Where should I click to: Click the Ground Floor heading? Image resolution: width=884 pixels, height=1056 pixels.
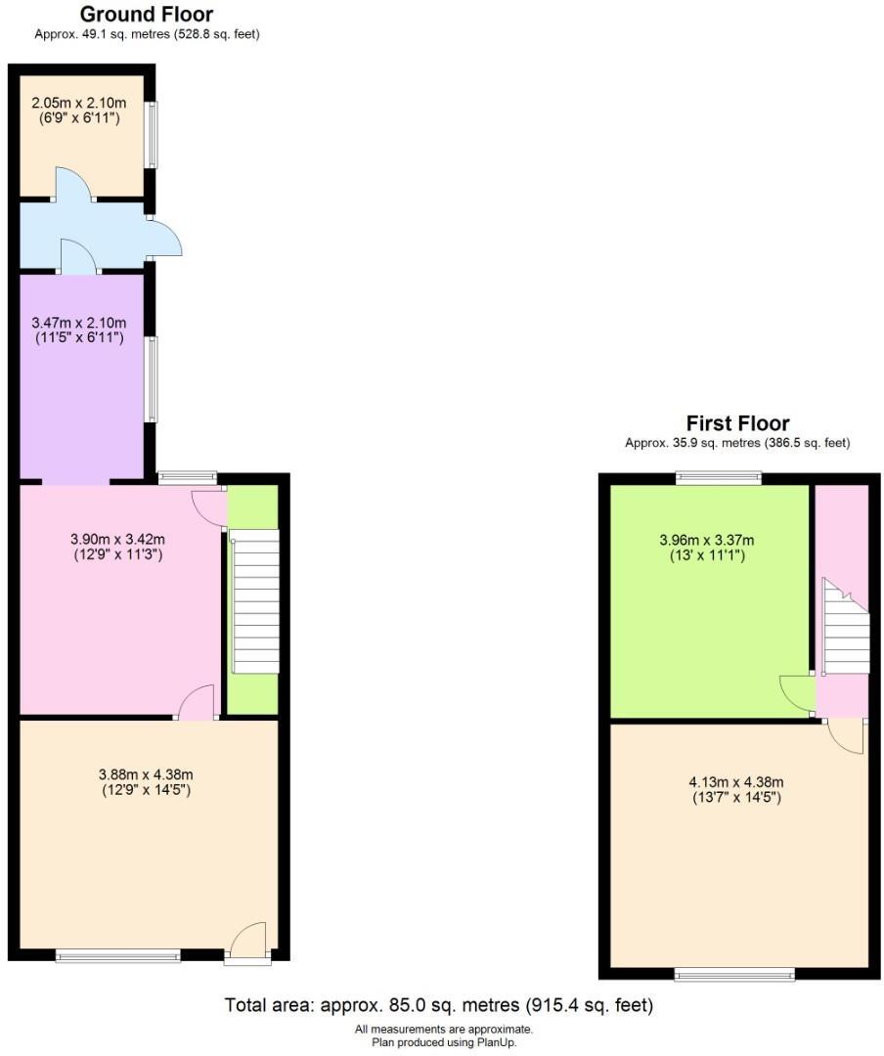146,14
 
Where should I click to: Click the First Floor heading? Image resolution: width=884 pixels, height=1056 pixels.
737,423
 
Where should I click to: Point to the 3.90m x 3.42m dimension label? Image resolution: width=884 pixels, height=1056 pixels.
117,546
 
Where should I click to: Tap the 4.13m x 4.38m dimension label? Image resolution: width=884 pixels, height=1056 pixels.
736,789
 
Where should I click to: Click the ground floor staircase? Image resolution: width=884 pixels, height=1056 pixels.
255,601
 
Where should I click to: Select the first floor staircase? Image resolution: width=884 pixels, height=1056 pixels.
846,630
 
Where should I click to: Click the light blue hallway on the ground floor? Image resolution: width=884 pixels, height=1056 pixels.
83,235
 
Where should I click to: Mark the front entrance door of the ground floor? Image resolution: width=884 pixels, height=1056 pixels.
247,945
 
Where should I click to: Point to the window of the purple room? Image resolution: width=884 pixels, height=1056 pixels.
152,379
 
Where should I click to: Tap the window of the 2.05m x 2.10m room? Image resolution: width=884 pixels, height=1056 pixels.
152,134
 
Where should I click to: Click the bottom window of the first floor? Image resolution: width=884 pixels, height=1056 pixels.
734,973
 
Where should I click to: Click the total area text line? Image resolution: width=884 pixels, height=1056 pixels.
439,1005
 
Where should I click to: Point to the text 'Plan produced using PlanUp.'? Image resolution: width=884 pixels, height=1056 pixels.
444,1042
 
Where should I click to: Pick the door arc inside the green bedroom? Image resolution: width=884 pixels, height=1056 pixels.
796,692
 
